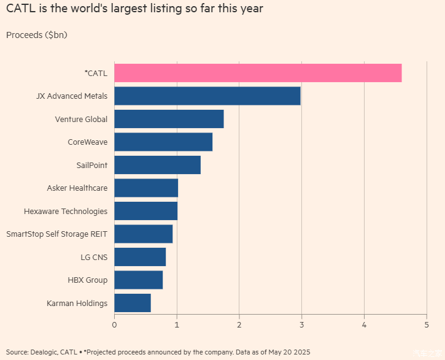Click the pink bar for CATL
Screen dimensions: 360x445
(258, 73)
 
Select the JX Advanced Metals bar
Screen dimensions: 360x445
(207, 96)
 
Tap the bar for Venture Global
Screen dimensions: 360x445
(169, 119)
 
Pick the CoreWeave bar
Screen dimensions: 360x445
(163, 142)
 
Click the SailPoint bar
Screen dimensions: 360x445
(157, 165)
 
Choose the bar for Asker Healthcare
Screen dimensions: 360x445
(146, 188)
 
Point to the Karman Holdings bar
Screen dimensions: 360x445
(133, 303)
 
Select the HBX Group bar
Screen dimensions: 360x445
(139, 280)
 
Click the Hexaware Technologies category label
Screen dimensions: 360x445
(66, 211)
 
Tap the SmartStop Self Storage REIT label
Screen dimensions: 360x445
(56, 234)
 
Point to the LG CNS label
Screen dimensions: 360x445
(94, 257)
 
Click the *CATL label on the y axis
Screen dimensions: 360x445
(96, 73)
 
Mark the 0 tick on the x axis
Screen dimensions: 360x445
(114, 324)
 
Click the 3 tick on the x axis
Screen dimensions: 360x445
(302, 324)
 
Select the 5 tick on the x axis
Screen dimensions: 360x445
(427, 324)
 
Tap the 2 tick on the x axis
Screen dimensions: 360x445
(239, 324)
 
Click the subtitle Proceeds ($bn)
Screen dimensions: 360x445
(37, 35)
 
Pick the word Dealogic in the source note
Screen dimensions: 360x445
(44, 352)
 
